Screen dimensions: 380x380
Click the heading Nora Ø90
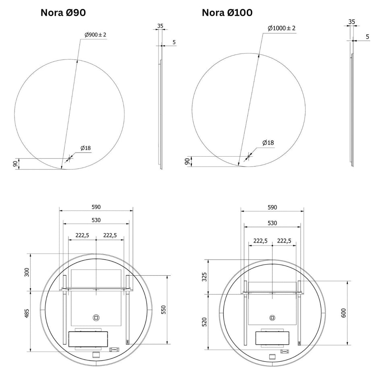point(63,12)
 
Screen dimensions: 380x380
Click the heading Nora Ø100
point(227,12)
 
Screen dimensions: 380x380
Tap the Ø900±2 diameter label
point(95,35)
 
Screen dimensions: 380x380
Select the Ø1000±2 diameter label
point(282,28)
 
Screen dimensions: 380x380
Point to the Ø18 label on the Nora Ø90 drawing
point(86,148)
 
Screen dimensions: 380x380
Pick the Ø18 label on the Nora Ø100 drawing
point(268,143)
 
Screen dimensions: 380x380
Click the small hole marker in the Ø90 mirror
point(69,159)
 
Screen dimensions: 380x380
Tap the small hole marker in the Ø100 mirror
point(248,157)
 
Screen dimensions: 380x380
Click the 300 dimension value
point(27,272)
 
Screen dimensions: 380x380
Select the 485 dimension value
point(27,313)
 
